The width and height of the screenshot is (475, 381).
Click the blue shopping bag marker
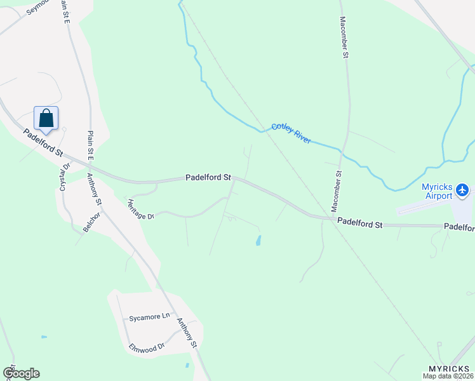[46, 117]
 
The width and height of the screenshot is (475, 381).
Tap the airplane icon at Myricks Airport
[462, 190]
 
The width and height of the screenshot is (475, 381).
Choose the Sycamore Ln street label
[150, 316]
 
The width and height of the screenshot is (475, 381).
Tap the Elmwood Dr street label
[147, 348]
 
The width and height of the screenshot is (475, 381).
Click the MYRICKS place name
[449, 369]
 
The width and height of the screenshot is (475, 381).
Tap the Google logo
[21, 373]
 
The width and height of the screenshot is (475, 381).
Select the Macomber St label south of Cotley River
[337, 191]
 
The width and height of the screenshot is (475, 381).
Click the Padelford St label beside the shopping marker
[44, 144]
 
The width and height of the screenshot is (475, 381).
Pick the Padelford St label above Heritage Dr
[208, 178]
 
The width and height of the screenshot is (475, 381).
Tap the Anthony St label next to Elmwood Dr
[187, 332]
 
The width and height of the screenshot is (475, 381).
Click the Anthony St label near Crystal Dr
[95, 189]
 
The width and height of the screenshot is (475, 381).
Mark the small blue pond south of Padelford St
[258, 241]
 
